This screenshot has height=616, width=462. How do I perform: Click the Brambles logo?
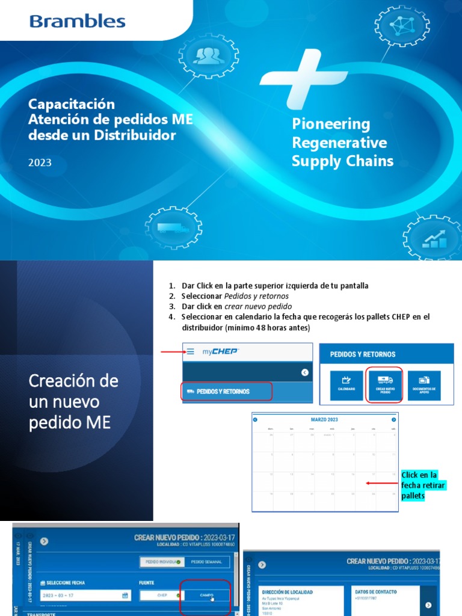[x=77, y=22]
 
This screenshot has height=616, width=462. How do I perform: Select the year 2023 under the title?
[x=40, y=162]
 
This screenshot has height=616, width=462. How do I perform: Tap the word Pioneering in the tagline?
[x=331, y=124]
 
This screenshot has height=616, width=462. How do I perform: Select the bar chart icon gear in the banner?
[x=433, y=240]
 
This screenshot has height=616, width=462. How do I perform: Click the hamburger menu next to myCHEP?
[x=190, y=351]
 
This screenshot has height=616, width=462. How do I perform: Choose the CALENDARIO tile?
[x=346, y=385]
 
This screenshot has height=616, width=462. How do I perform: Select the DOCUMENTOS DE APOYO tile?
[x=424, y=385]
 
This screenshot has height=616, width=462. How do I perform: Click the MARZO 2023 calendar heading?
[x=325, y=419]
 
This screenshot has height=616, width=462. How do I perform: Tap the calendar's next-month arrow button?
[x=394, y=419]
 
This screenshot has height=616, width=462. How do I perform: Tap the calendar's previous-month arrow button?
[x=255, y=419]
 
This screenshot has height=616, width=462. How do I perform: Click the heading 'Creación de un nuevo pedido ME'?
[x=74, y=401]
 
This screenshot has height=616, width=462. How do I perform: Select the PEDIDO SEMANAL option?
[x=206, y=562]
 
